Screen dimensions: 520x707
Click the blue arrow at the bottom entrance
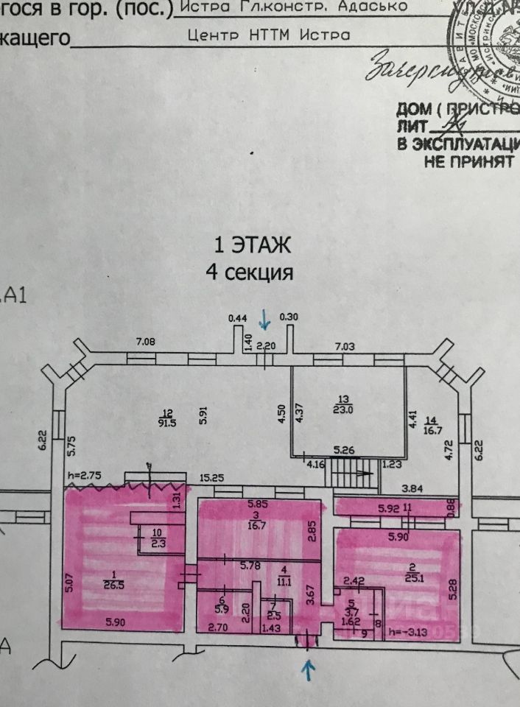pos(308,668)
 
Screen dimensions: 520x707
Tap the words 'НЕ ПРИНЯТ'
pos(468,161)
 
